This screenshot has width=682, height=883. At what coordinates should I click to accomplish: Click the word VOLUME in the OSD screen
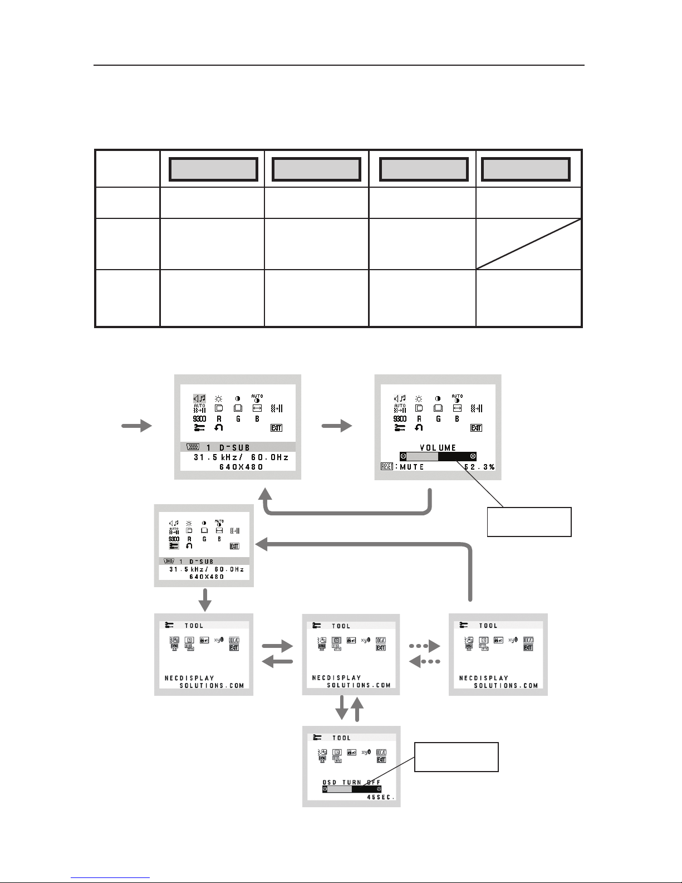[438, 447]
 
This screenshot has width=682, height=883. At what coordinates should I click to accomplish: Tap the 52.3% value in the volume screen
[480, 467]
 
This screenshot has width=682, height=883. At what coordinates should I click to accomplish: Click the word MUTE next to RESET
[412, 467]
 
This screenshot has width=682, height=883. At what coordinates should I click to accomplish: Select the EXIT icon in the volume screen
[475, 428]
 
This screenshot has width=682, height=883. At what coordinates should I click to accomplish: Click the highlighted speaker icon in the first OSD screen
[199, 398]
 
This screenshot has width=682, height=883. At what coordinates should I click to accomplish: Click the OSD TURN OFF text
[351, 782]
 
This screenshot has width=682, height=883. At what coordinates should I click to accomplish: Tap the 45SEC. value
[381, 797]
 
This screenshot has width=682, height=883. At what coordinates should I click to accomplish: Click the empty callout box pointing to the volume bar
[529, 521]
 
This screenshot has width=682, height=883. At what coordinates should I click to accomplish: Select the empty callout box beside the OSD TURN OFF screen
[456, 757]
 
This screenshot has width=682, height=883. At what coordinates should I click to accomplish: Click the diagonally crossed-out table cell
[528, 244]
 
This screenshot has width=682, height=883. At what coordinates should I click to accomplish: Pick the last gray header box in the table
[526, 169]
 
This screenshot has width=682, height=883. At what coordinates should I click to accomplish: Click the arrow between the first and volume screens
[337, 426]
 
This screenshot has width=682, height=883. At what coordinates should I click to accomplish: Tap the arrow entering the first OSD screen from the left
[136, 426]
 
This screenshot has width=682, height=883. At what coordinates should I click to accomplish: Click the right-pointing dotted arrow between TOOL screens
[424, 647]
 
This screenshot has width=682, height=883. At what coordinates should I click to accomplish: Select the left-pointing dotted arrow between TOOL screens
[424, 661]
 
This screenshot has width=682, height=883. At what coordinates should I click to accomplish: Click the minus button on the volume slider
[403, 456]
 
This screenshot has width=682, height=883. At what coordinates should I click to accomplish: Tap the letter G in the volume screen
[438, 418]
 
